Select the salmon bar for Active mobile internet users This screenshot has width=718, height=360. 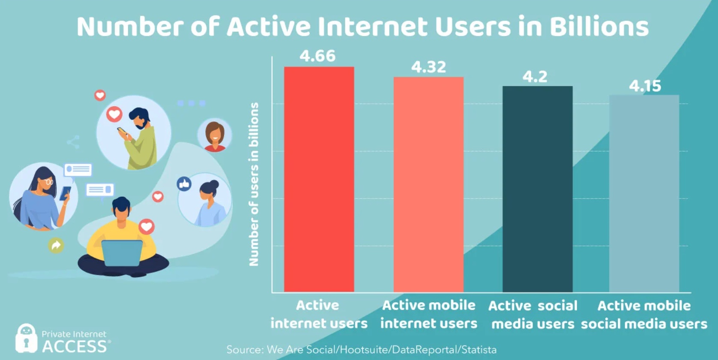tap(428, 184)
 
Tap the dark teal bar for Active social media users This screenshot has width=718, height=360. tap(537, 189)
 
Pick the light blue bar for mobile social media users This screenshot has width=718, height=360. tap(644, 193)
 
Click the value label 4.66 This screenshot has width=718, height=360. tap(317, 56)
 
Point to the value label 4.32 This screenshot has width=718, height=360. tap(428, 67)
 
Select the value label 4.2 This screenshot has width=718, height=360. tap(535, 77)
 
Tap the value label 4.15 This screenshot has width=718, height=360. tap(645, 86)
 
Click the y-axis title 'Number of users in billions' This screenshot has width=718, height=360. tap(254, 184)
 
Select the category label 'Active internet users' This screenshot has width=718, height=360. tap(319, 314)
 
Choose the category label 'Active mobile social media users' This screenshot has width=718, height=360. tap(644, 315)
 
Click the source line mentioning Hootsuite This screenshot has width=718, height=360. tap(361, 350)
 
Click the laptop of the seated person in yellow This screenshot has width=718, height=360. tap(122, 253)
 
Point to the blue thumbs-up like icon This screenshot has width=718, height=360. tap(184, 184)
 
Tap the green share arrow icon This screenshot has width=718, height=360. tap(56, 245)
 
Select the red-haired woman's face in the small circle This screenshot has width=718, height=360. tap(215, 133)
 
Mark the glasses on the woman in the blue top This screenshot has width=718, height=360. tap(49, 182)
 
